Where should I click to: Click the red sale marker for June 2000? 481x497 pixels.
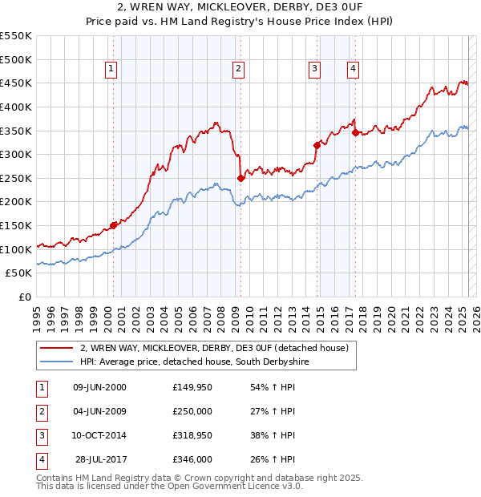coord(113,225)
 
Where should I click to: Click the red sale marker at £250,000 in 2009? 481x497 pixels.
coord(240,178)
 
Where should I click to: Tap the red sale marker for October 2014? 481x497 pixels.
coord(317,145)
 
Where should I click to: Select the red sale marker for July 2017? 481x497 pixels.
coord(356,132)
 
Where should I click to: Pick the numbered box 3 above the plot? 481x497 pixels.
coord(314,70)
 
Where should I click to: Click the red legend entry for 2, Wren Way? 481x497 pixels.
coord(214,348)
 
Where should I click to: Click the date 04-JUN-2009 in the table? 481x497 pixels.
coord(99,411)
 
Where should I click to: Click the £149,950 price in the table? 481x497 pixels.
coord(192,387)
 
